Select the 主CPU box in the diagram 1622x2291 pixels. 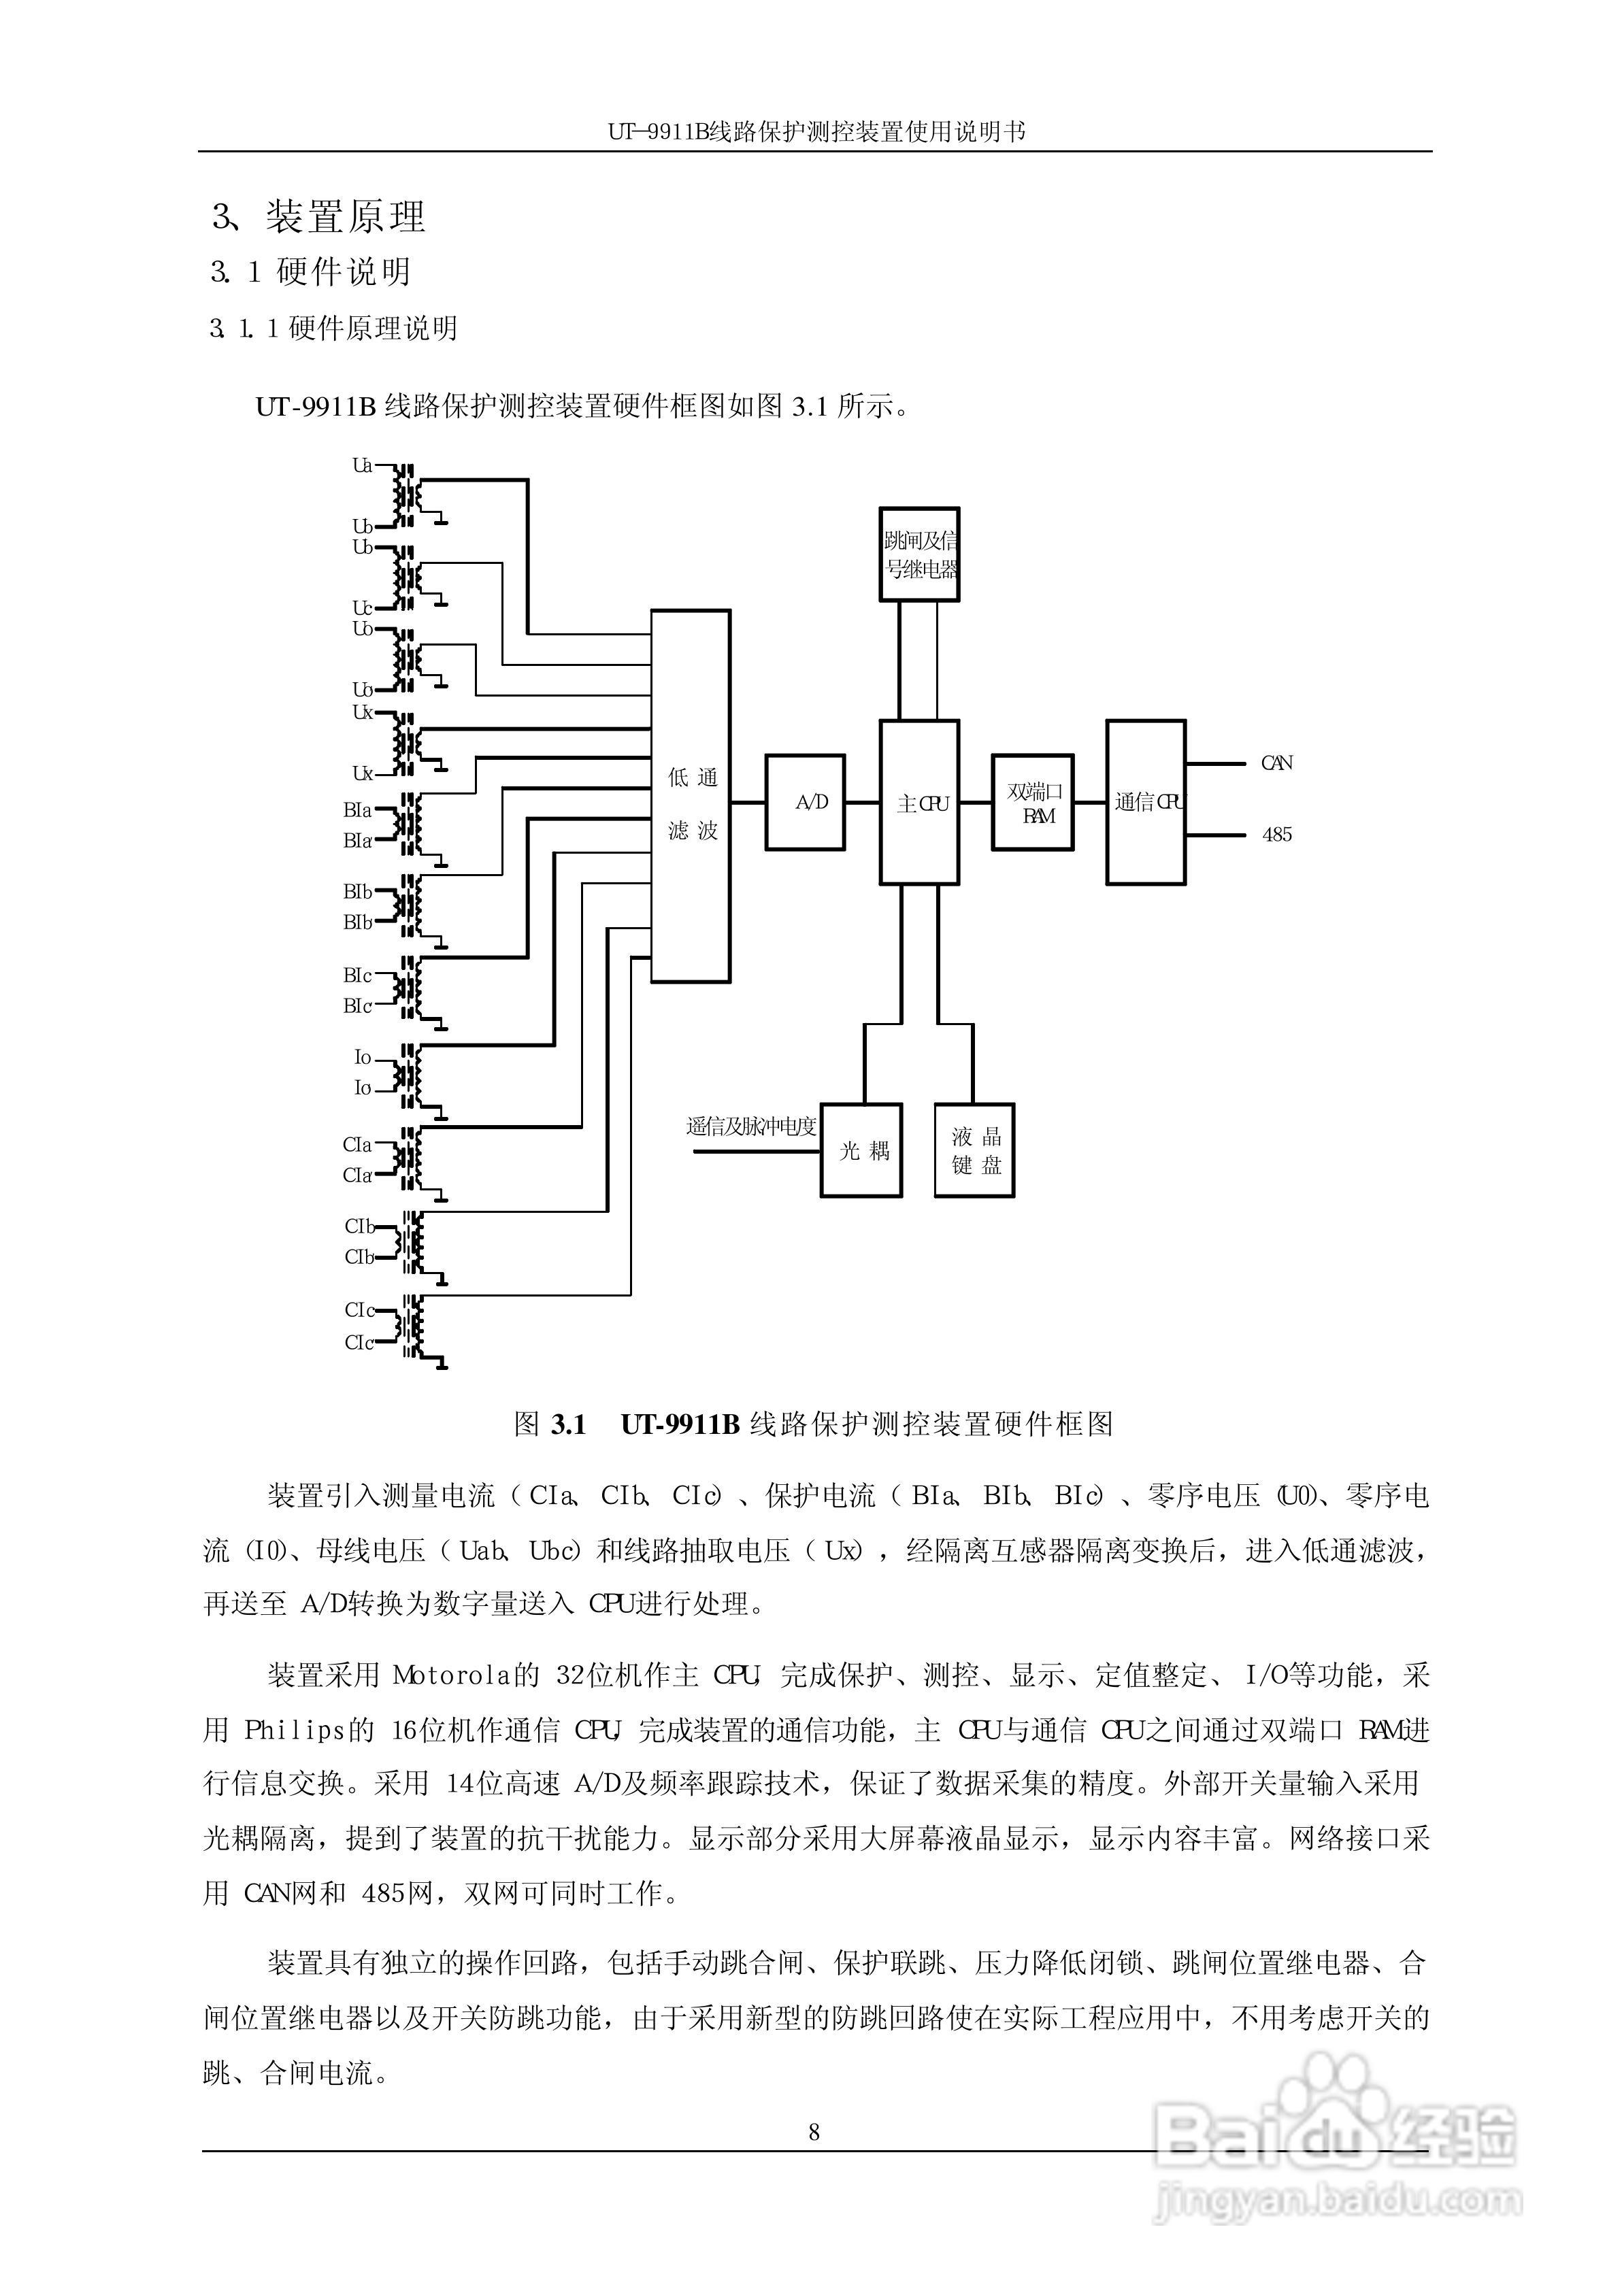pyautogui.click(x=919, y=803)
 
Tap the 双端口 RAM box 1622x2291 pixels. pyautogui.click(x=1033, y=803)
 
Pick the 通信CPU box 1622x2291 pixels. pyautogui.click(x=1146, y=803)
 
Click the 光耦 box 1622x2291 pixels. pyautogui.click(x=861, y=1150)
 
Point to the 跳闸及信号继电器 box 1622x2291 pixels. pyautogui.click(x=919, y=555)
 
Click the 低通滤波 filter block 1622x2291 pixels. pyautogui.click(x=691, y=797)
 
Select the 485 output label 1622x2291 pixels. pyautogui.click(x=1276, y=835)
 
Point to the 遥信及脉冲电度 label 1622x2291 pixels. pyautogui.click(x=751, y=1126)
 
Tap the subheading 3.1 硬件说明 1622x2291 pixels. pyautogui.click(x=311, y=271)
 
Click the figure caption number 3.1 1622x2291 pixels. pyautogui.click(x=568, y=1424)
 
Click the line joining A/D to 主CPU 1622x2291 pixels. pyautogui.click(x=862, y=803)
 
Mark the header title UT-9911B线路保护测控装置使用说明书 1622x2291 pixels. pyautogui.click(x=815, y=131)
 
